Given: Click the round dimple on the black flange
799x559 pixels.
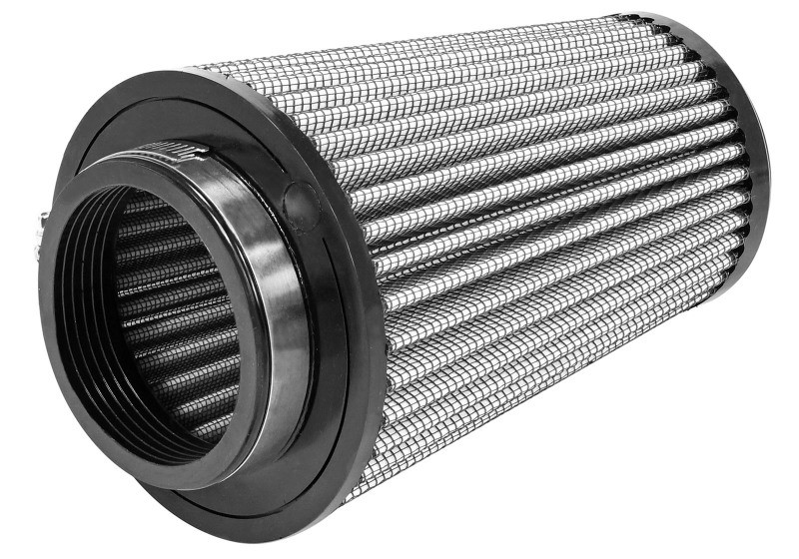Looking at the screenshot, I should (x=300, y=199).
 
